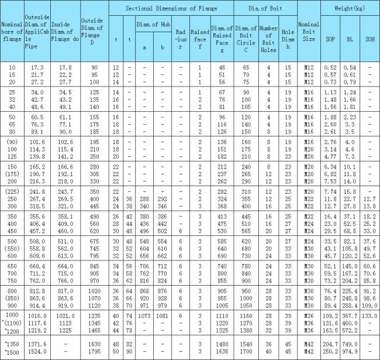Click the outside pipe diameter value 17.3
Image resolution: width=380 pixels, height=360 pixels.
click(37, 68)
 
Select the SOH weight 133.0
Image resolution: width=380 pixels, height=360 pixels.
click(369, 316)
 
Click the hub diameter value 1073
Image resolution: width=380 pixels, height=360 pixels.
click(144, 316)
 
